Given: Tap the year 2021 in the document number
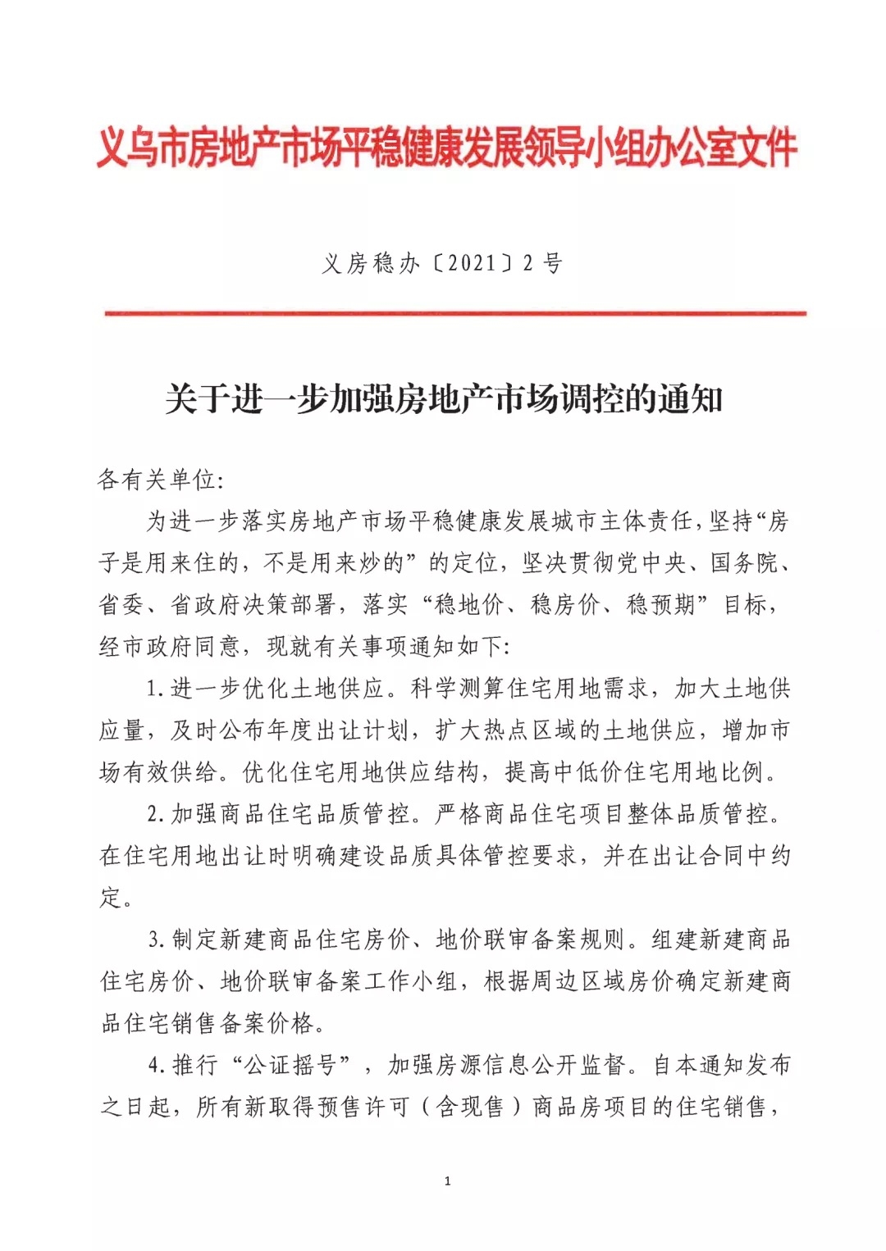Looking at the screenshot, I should (x=473, y=263).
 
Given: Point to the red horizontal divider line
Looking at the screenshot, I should (x=455, y=313).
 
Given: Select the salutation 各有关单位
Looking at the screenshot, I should (x=156, y=479).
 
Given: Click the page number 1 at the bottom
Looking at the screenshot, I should (x=447, y=1180).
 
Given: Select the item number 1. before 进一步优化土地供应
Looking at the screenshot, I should (x=156, y=689).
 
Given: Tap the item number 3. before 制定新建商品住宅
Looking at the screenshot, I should (x=158, y=940).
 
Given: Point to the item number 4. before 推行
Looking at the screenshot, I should (x=158, y=1066).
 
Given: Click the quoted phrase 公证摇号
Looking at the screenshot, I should (x=292, y=1066).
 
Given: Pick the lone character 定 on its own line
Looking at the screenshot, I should (x=111, y=898).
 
